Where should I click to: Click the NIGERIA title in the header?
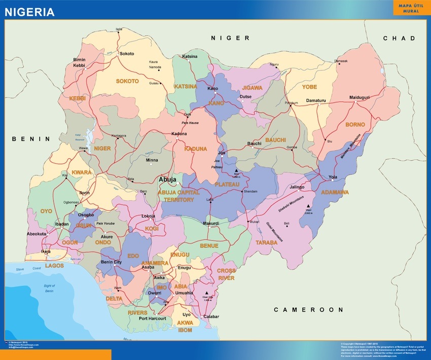click(30, 12)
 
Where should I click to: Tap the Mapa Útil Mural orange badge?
click(411, 8)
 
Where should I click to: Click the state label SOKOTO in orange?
click(127, 81)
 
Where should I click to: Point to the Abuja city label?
click(168, 179)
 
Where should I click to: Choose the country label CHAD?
click(399, 39)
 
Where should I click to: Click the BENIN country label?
click(31, 138)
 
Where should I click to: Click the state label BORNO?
click(355, 124)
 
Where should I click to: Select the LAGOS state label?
click(55, 265)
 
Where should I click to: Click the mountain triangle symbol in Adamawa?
click(308, 206)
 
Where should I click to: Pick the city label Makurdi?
click(210, 223)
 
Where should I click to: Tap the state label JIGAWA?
click(252, 87)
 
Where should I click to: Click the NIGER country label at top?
click(230, 39)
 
